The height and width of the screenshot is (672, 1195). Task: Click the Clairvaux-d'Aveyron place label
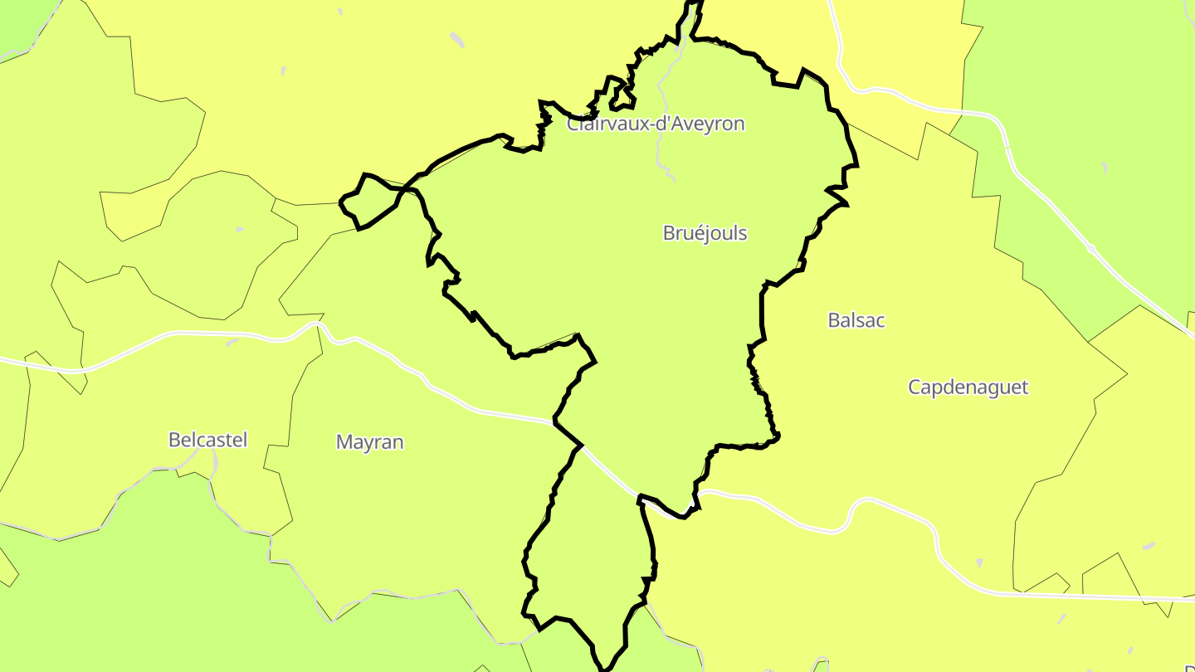coord(656,124)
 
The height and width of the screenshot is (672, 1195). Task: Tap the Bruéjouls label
coord(705,233)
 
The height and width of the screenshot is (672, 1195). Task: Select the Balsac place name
coord(856,320)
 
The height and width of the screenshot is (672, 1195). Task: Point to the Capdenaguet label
coord(968,387)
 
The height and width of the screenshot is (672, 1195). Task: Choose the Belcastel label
coord(207,440)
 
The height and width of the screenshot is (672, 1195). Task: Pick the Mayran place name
coord(369,442)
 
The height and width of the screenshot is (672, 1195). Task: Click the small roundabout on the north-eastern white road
coord(1090,248)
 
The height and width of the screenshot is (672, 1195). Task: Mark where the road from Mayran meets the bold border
coord(554,422)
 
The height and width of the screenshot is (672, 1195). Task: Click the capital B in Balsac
coord(834,320)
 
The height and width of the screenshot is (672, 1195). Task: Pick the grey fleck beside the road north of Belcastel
coord(232,342)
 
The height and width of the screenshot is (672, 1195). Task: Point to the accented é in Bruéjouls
coord(692,233)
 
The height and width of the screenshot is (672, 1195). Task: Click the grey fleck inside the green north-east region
coord(1105,168)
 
